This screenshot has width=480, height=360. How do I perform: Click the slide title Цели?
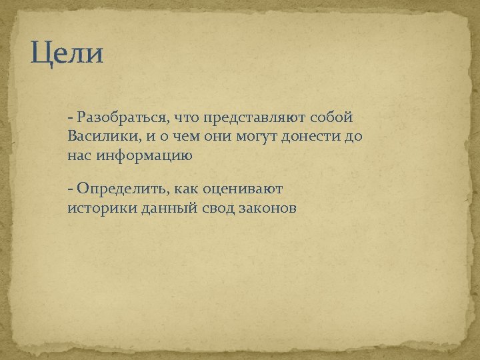[67, 53]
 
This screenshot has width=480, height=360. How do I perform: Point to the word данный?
[160, 208]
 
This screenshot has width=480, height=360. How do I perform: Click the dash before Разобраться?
[70, 119]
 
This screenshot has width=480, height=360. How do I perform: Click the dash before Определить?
[70, 189]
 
